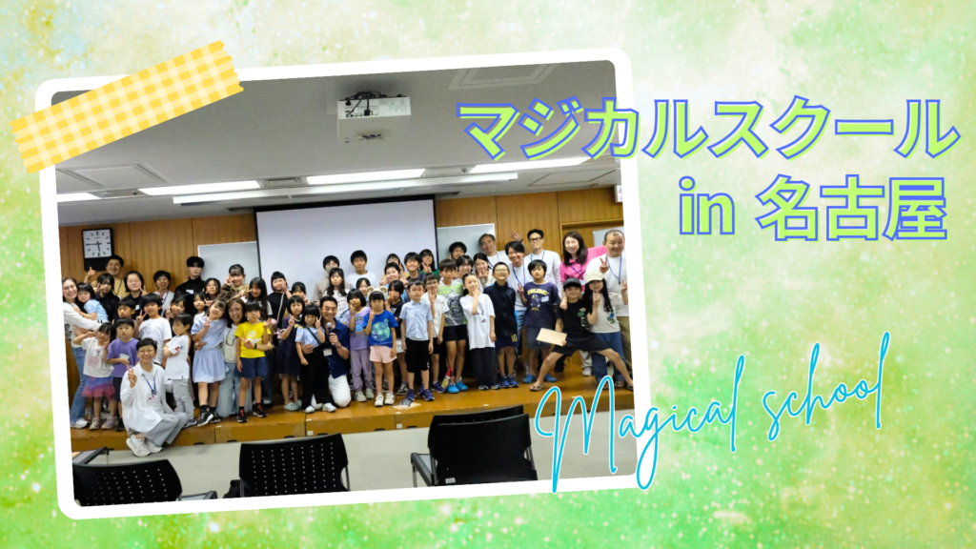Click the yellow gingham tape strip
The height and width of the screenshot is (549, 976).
(127, 105)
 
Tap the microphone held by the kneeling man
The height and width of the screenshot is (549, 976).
(330, 333)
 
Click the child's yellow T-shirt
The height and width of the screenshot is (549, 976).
(252, 340)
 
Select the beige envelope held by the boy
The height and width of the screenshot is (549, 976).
(552, 336)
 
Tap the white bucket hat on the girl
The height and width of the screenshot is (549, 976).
(595, 276)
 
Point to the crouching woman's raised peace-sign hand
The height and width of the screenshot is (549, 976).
(131, 375)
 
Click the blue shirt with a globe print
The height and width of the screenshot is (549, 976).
(381, 328)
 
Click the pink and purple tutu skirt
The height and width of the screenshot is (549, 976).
(97, 387)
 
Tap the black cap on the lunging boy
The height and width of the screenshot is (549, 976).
(572, 284)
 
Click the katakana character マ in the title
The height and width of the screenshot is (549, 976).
(489, 132)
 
